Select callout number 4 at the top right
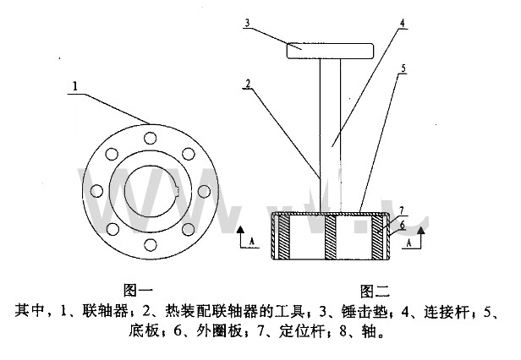403,23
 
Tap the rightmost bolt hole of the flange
206,191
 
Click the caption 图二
375,292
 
